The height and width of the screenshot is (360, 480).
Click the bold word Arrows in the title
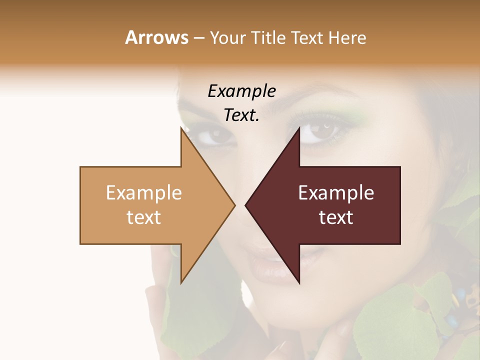(156, 37)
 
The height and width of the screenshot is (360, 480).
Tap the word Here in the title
(346, 37)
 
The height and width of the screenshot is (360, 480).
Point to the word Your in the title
(228, 38)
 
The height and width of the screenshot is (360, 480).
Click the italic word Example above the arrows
(241, 91)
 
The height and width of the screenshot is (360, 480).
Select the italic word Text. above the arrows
(241, 115)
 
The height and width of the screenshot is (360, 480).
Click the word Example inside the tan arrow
(143, 193)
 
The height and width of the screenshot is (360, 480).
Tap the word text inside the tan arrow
(143, 217)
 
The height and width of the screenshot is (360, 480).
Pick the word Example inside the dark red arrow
(336, 193)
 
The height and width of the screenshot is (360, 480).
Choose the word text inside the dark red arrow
(336, 217)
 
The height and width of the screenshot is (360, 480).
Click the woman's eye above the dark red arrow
(320, 132)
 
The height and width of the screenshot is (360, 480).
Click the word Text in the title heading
(306, 37)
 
